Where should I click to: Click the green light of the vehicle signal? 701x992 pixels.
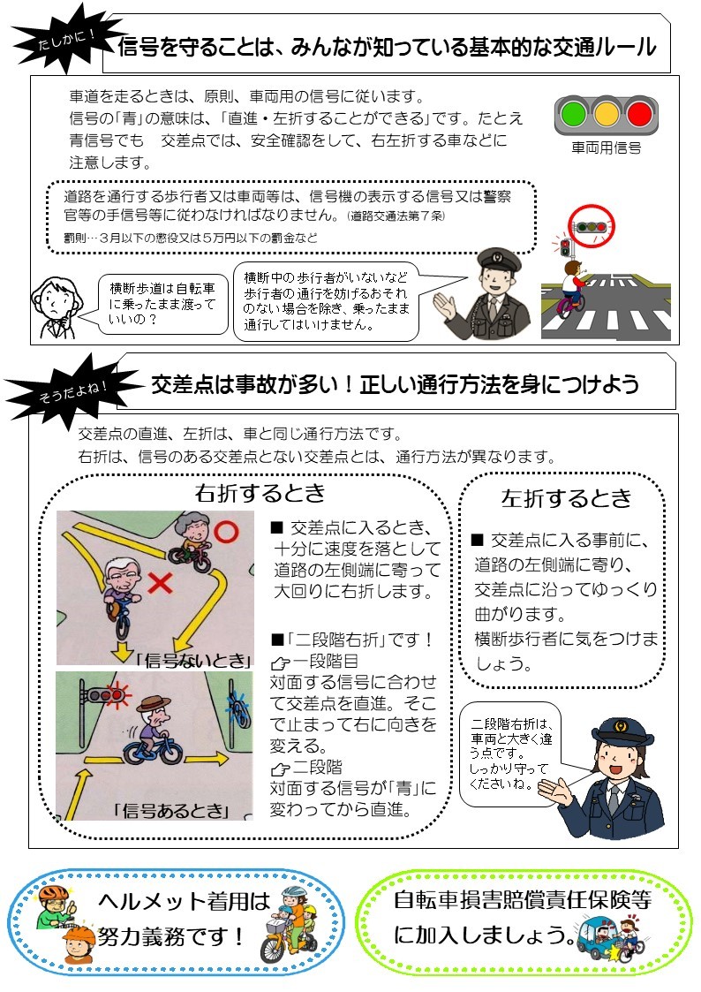pyautogui.click(x=573, y=115)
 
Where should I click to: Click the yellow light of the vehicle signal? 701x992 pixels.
pyautogui.click(x=607, y=115)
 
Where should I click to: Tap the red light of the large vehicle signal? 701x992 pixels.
pyautogui.click(x=639, y=115)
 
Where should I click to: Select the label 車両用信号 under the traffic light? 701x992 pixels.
pyautogui.click(x=607, y=148)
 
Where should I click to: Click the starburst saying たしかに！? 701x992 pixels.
pyautogui.click(x=64, y=39)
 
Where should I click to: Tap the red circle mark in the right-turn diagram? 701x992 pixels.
pyautogui.click(x=225, y=532)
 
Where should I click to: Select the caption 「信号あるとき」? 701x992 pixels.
pyautogui.click(x=170, y=810)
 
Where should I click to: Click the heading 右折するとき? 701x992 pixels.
pyautogui.click(x=260, y=493)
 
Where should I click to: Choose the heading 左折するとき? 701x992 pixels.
pyautogui.click(x=566, y=498)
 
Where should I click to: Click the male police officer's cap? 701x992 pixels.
pyautogui.click(x=499, y=260)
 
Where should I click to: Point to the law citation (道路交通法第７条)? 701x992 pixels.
pyautogui.click(x=396, y=216)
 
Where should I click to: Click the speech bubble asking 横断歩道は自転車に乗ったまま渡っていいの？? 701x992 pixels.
pyautogui.click(x=162, y=304)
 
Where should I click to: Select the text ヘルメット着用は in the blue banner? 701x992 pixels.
pyautogui.click(x=184, y=902)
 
